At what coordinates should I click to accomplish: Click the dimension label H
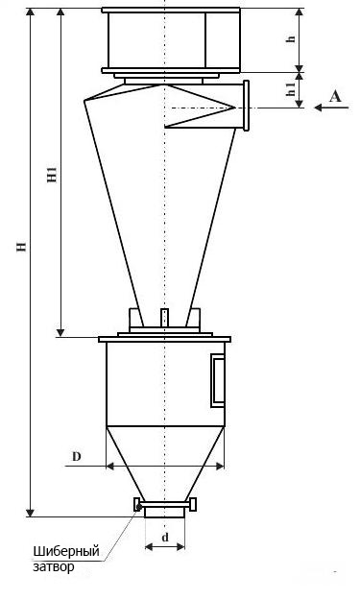tap(22, 247)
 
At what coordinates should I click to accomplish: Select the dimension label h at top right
tap(292, 38)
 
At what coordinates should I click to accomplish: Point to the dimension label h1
tap(292, 89)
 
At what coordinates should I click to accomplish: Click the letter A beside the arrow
tap(335, 96)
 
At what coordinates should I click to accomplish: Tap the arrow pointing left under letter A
tap(331, 108)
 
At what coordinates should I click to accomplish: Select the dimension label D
tap(77, 457)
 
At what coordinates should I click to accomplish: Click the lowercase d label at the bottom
tap(165, 538)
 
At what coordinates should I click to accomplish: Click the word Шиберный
tap(66, 552)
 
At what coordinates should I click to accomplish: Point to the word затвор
tap(54, 566)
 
